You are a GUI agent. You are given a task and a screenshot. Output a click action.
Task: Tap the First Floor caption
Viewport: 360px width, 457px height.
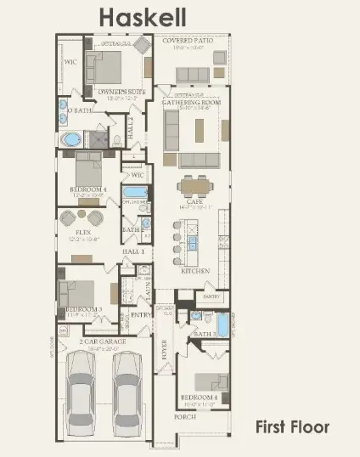click(292, 426)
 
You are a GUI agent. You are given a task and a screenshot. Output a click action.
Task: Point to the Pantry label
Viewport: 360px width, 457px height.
click(211, 296)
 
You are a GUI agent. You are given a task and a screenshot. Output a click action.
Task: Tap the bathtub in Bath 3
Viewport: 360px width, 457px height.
click(222, 325)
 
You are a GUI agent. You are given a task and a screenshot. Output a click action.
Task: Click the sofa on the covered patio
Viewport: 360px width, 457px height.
click(193, 75)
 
